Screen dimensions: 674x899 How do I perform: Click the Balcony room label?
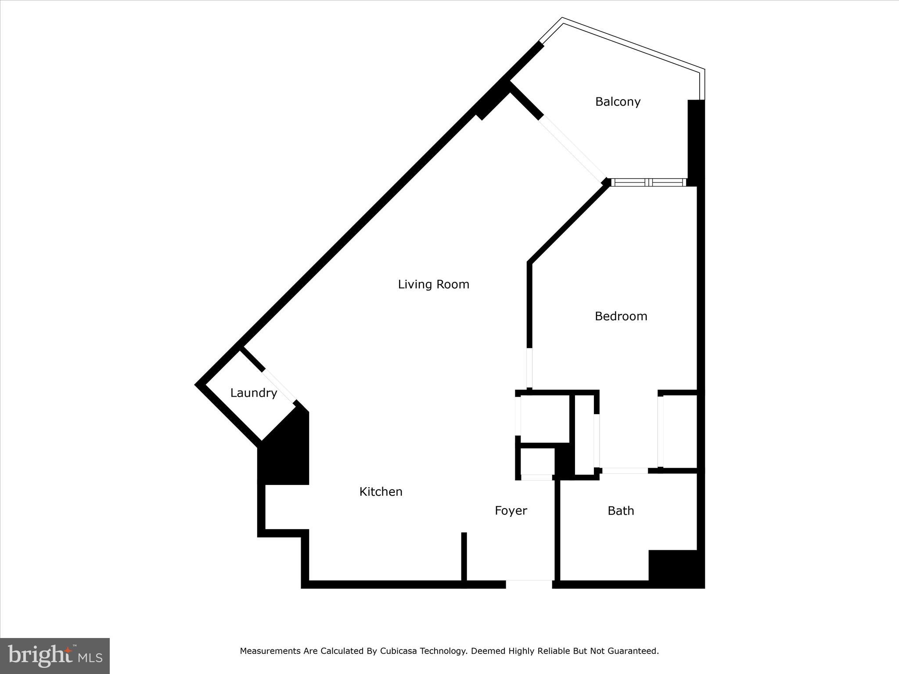(x=618, y=102)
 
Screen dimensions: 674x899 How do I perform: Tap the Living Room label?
(x=433, y=284)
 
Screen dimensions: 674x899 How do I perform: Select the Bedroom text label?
(x=621, y=316)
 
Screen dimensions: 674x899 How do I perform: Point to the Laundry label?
(x=253, y=393)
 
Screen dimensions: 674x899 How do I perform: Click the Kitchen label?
(x=381, y=491)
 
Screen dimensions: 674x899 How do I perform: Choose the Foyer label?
(x=511, y=510)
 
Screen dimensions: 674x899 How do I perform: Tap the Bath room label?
(x=621, y=510)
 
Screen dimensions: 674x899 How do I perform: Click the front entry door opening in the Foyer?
(x=529, y=584)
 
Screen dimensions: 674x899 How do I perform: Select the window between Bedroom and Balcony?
(x=648, y=182)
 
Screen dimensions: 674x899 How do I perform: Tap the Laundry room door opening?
(x=279, y=386)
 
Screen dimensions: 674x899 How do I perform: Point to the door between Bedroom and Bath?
(x=625, y=470)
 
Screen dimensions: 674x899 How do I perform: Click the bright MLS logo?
(x=55, y=656)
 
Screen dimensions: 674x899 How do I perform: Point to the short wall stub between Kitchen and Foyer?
(x=464, y=557)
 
